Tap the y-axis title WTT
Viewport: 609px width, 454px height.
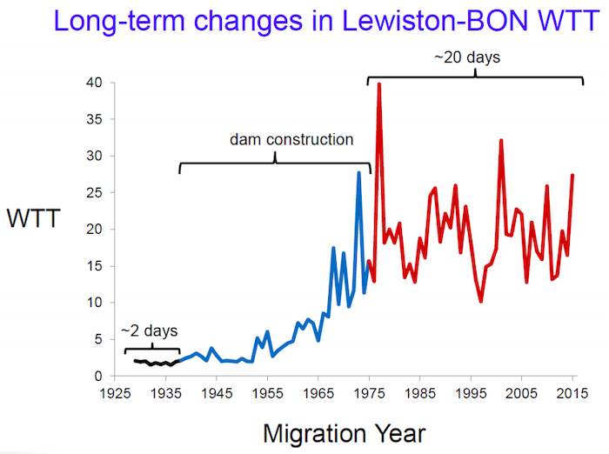click(34, 218)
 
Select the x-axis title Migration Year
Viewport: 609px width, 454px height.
click(344, 431)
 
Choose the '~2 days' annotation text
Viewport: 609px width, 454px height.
click(149, 330)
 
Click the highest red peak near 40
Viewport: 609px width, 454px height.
click(379, 84)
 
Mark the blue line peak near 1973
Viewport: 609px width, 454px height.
click(358, 173)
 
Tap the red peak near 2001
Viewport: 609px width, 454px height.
click(501, 141)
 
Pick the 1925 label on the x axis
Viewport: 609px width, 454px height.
click(115, 392)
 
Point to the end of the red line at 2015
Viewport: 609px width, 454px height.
click(572, 176)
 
